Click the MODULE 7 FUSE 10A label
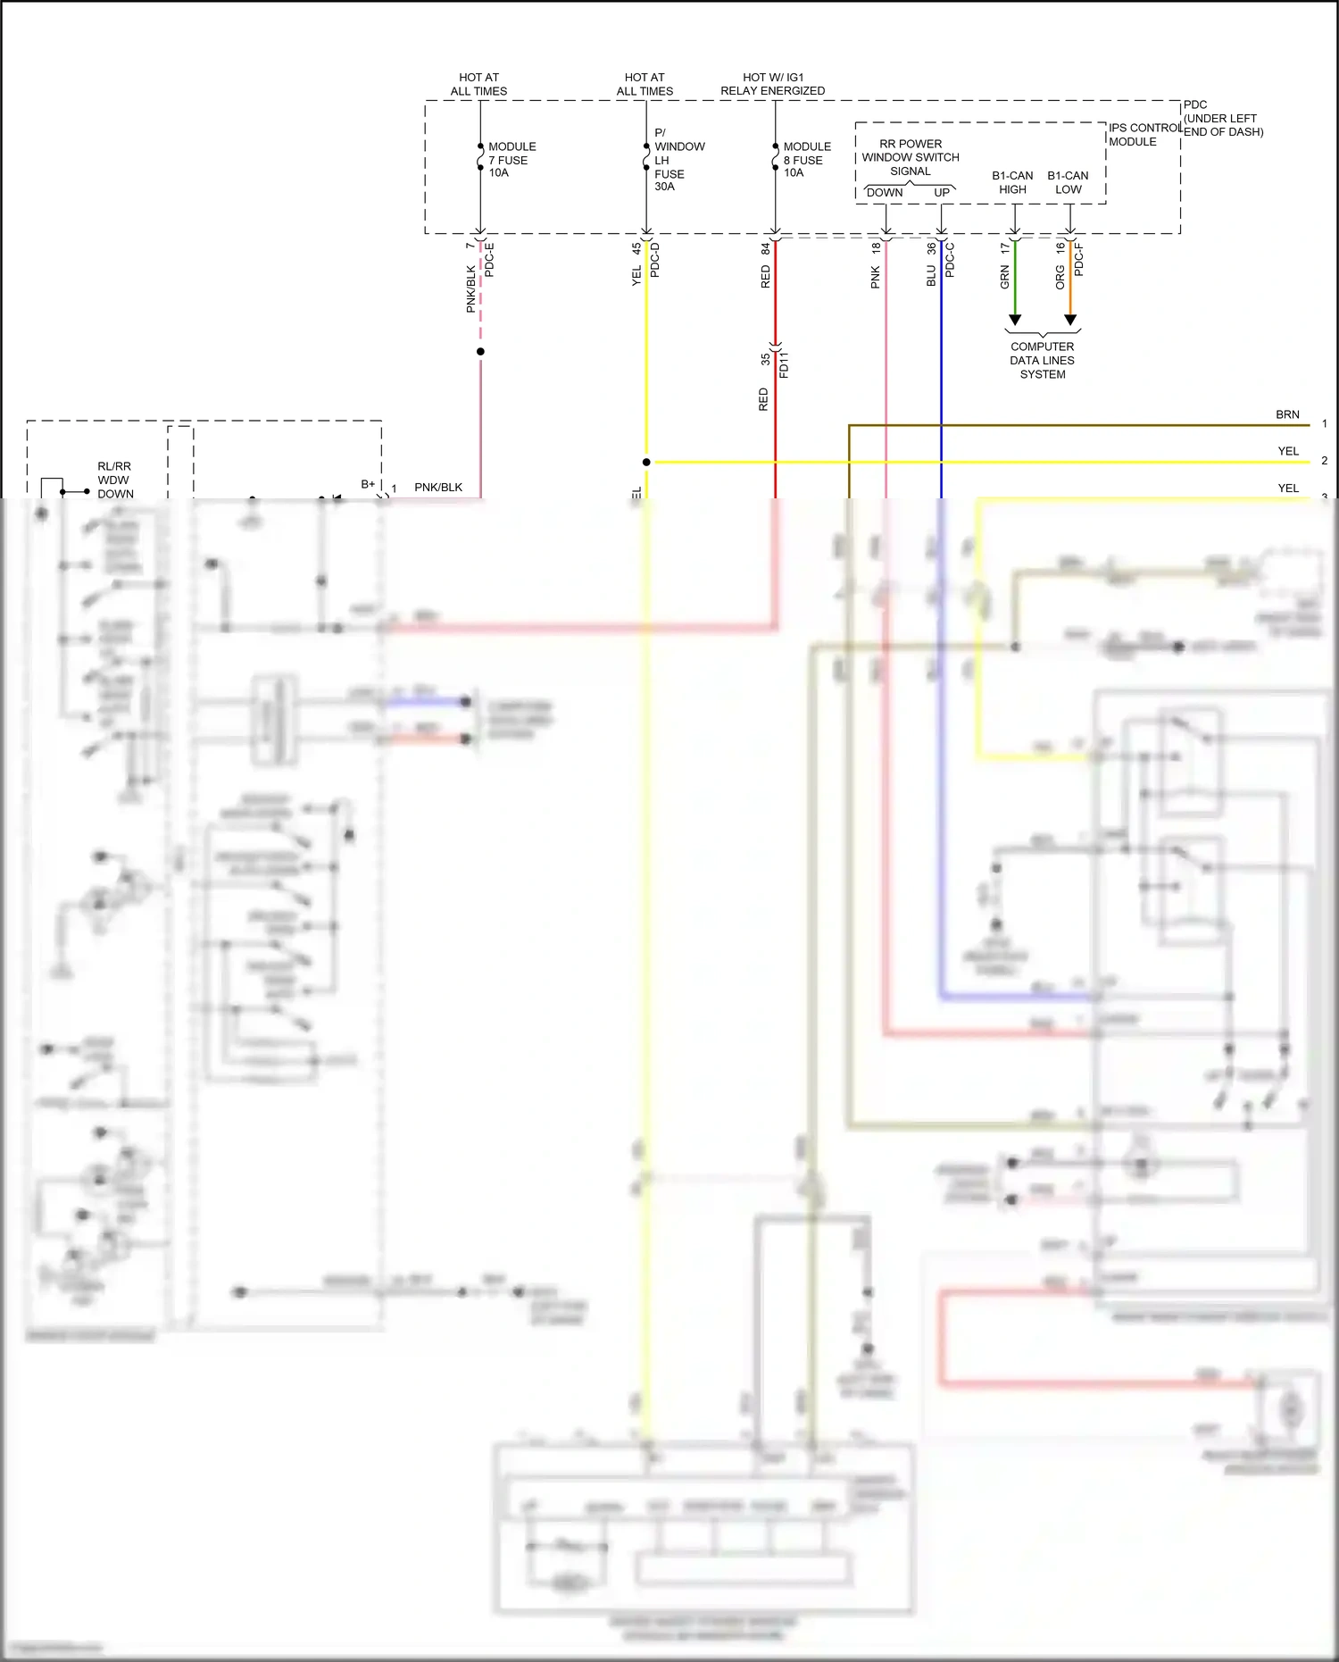point(511,160)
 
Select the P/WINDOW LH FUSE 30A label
point(678,160)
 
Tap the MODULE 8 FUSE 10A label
point(806,160)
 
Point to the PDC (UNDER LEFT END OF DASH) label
point(1222,118)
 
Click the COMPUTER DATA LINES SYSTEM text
point(1042,360)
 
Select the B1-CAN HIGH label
point(1012,182)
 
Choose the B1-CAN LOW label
point(1068,182)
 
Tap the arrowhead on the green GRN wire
point(1015,320)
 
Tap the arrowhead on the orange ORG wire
point(1070,320)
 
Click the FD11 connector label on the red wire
point(784,365)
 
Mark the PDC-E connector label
point(489,259)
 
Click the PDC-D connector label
point(654,259)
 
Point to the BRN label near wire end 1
point(1287,414)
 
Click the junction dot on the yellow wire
point(646,462)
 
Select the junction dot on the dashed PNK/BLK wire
point(480,351)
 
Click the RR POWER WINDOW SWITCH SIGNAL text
point(911,157)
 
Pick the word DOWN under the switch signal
point(885,193)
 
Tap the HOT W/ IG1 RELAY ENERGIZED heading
point(773,84)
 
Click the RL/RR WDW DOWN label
point(115,480)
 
